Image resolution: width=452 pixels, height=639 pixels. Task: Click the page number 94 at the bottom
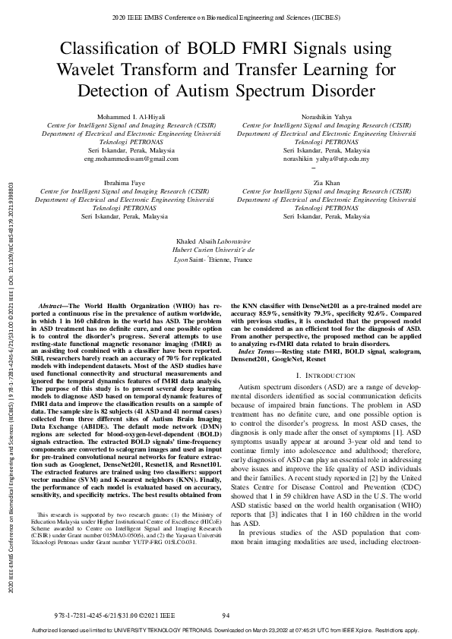point(226,615)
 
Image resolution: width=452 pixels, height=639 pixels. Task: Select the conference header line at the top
point(226,16)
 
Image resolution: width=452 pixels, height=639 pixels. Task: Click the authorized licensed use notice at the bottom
point(226,631)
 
